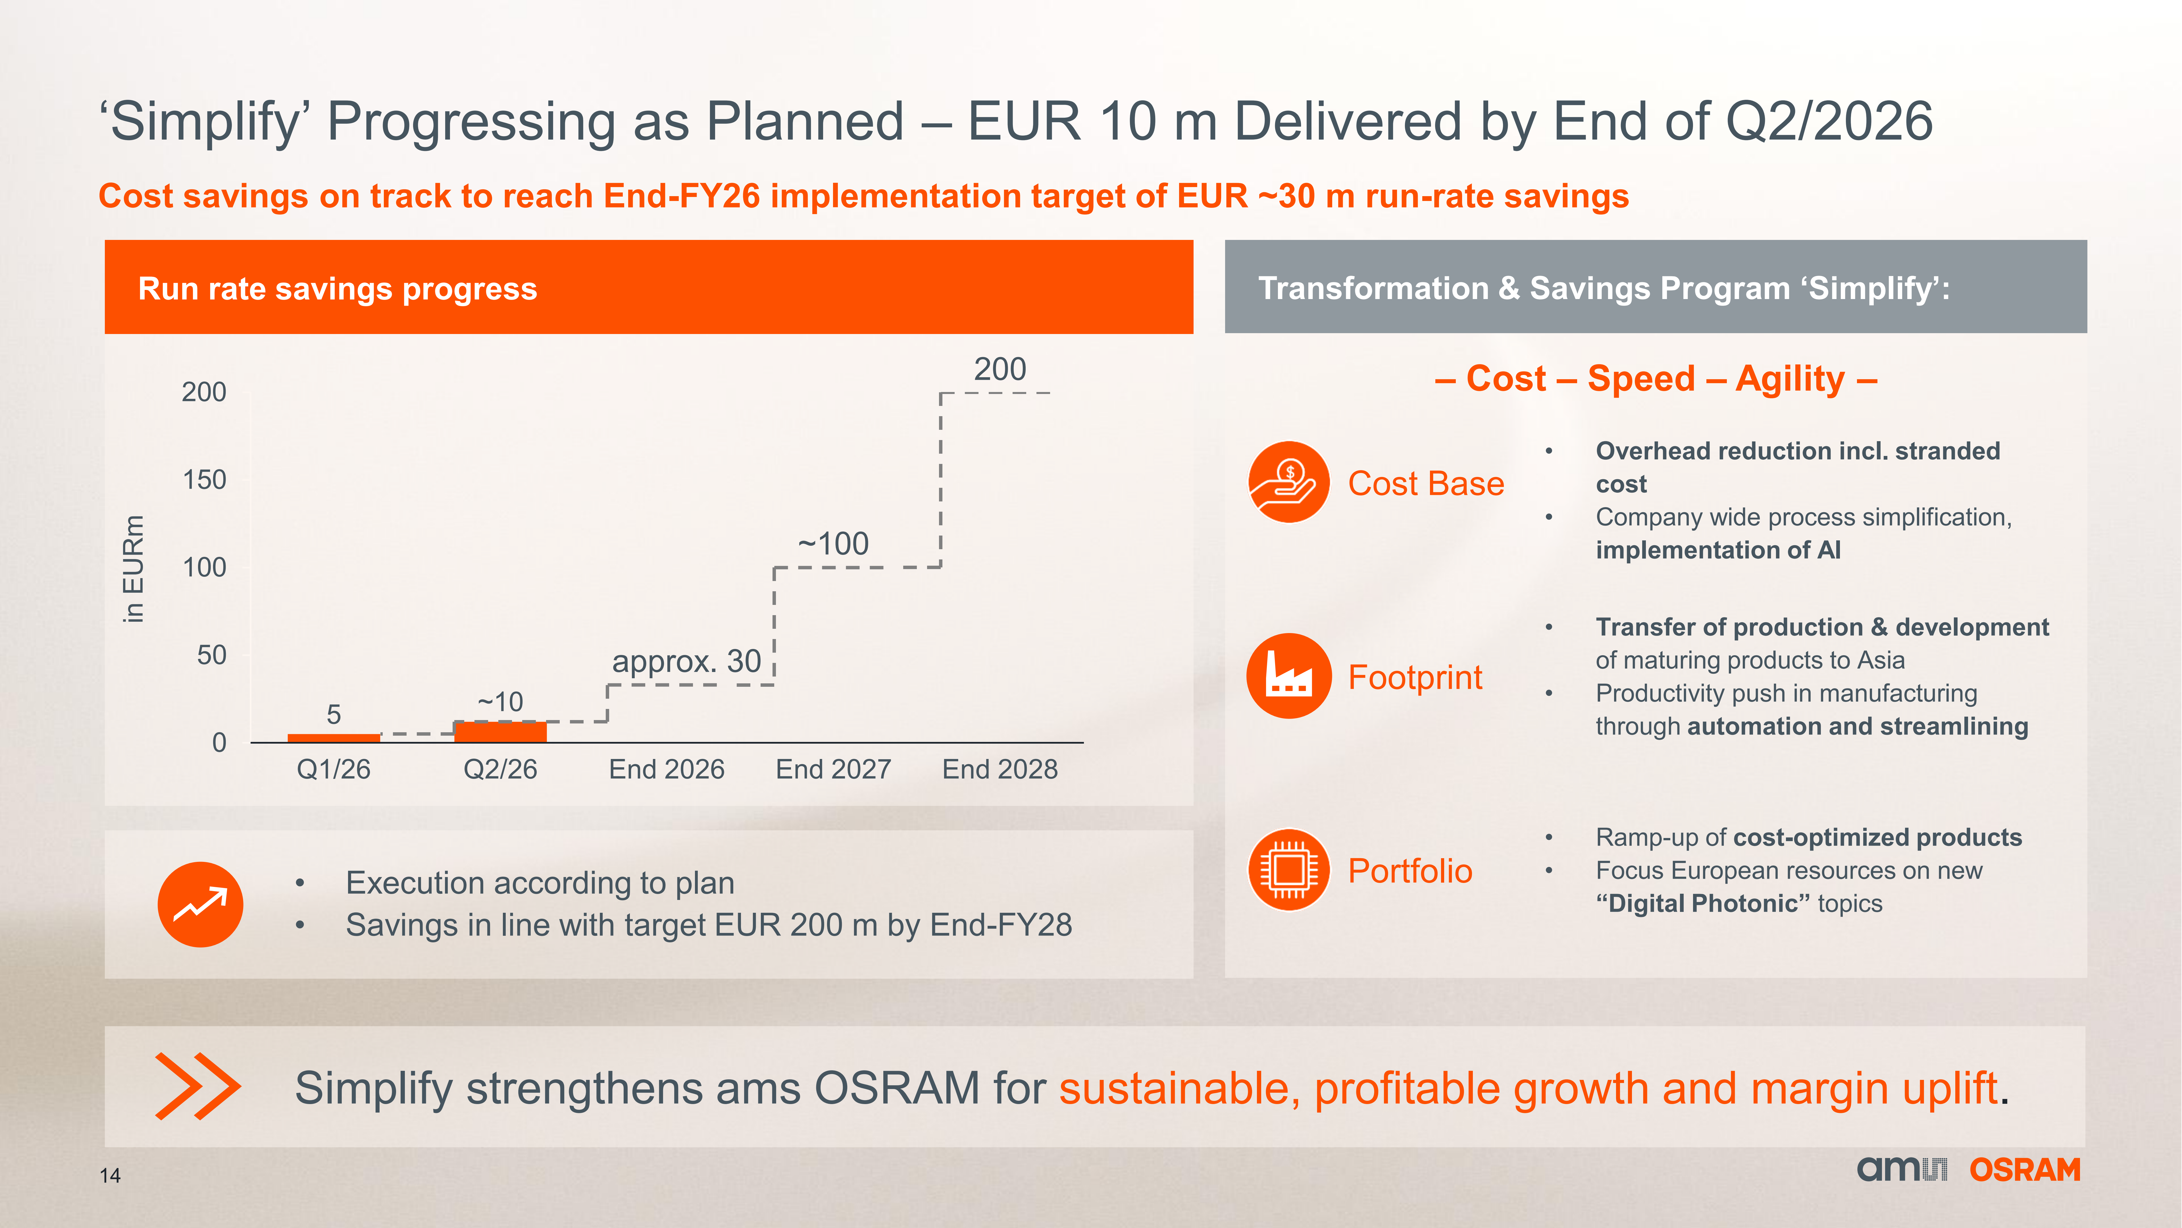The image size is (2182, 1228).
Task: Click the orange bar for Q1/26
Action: [334, 737]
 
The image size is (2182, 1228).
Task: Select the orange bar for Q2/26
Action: [501, 731]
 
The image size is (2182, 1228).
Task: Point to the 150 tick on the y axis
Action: [204, 480]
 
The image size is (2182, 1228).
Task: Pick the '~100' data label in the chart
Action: [834, 543]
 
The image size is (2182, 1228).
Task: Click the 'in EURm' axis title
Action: [133, 569]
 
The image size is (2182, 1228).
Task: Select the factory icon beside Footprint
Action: [1288, 675]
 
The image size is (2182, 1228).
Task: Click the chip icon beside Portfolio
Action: [1288, 870]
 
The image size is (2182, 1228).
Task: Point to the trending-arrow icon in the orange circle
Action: [200, 904]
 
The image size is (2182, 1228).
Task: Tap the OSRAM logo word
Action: [2024, 1169]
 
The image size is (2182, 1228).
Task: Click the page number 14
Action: [110, 1175]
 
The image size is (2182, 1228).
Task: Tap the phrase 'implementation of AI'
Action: [1718, 550]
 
